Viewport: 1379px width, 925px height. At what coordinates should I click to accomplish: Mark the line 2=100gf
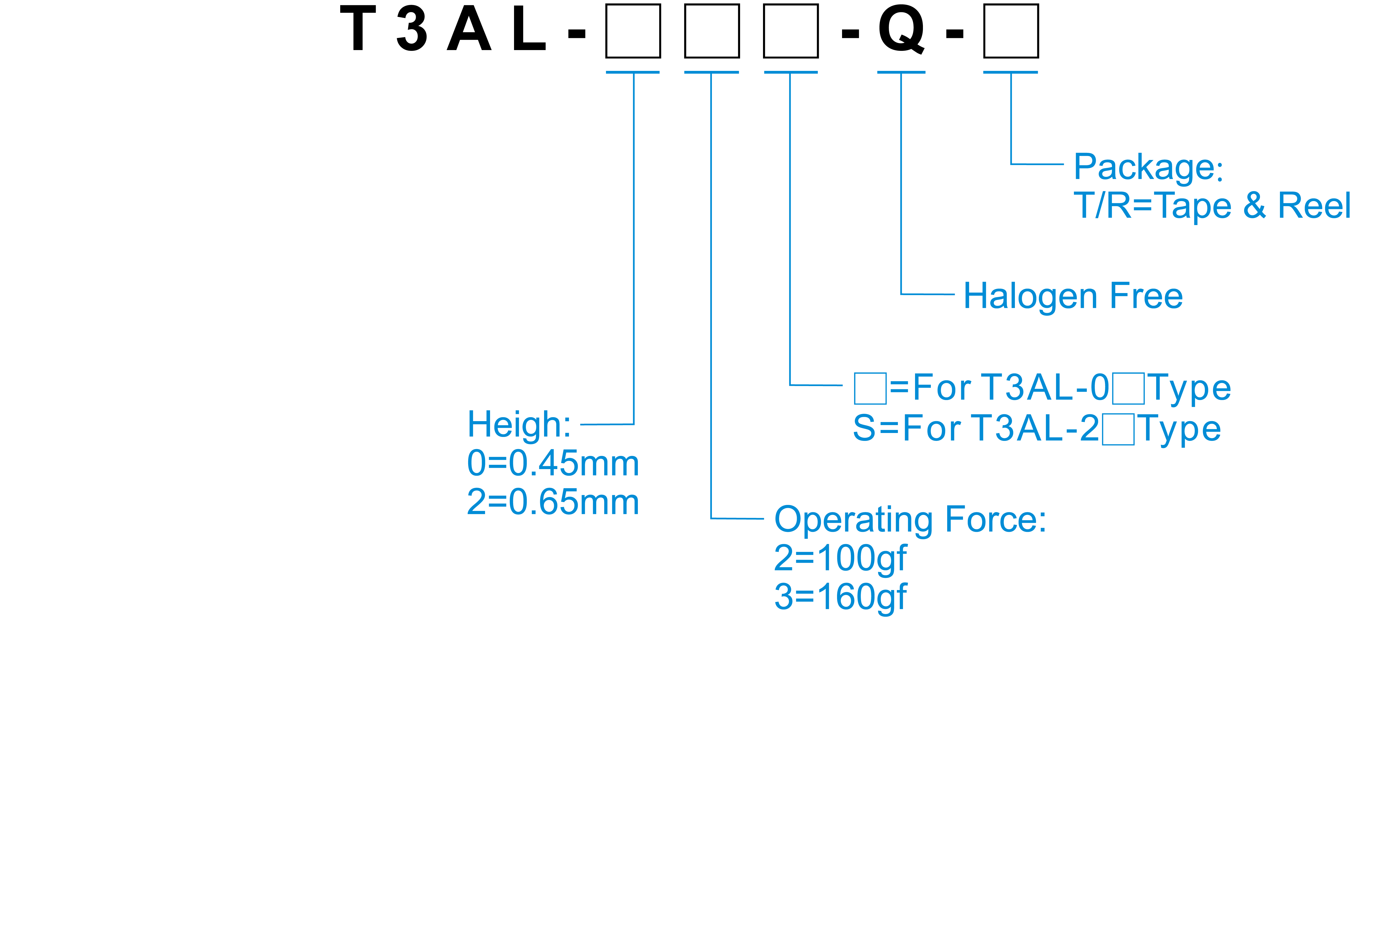coord(840,559)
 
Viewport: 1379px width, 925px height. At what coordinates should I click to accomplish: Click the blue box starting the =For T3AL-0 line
coord(870,388)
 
